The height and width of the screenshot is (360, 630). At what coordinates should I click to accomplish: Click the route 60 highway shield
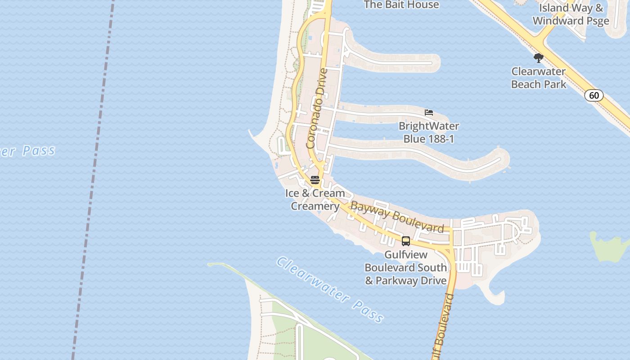594,95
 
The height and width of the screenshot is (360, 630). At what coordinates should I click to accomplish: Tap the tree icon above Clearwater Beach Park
538,58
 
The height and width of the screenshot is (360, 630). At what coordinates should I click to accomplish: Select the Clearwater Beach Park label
539,78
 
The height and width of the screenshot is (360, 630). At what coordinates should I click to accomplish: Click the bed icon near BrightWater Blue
429,112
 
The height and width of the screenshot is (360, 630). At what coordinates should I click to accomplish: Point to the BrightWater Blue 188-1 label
428,132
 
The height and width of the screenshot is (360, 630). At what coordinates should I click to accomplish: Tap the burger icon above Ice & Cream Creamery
315,180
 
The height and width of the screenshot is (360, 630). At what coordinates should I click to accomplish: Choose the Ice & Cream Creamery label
315,199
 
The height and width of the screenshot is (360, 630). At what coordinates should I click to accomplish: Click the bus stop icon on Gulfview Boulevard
406,241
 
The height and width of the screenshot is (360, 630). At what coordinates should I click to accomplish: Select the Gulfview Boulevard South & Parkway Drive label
405,268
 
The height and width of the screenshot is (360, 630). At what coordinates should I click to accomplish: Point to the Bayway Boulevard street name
397,217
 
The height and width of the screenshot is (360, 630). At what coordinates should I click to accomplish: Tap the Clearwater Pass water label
330,289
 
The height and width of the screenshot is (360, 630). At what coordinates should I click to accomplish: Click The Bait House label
401,5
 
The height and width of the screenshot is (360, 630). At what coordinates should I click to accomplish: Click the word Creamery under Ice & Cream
315,206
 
